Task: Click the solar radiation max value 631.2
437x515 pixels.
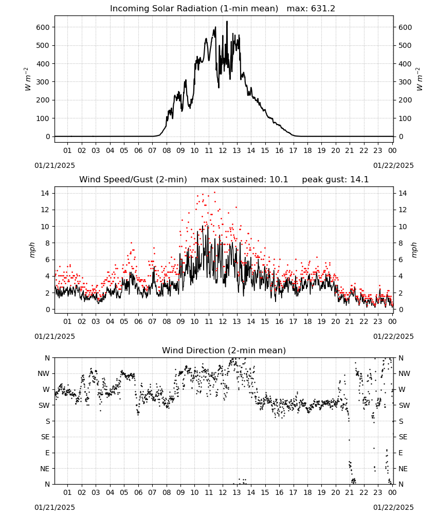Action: pyautogui.click(x=323, y=9)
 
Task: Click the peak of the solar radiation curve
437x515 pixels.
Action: pyautogui.click(x=227, y=22)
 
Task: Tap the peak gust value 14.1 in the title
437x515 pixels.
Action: pyautogui.click(x=359, y=180)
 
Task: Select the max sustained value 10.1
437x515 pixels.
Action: pyautogui.click(x=279, y=180)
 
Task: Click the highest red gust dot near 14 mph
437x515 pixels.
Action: pyautogui.click(x=215, y=193)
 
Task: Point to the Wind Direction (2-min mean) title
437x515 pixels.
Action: pyautogui.click(x=224, y=350)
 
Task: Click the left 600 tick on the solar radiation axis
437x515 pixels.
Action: pyautogui.click(x=43, y=27)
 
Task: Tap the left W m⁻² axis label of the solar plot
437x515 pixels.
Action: pyautogui.click(x=28, y=79)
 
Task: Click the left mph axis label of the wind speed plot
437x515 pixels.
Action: pyautogui.click(x=32, y=250)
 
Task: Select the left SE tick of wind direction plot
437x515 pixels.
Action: pyautogui.click(x=45, y=437)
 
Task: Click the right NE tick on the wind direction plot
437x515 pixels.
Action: pyautogui.click(x=403, y=469)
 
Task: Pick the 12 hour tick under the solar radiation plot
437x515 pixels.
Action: pyautogui.click(x=223, y=150)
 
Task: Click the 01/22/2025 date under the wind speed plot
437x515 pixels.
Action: pyautogui.click(x=393, y=336)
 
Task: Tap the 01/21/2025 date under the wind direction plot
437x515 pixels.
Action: pyautogui.click(x=54, y=507)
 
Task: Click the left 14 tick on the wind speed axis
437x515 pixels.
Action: pyautogui.click(x=45, y=193)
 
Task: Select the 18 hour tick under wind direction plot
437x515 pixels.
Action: pyautogui.click(x=307, y=492)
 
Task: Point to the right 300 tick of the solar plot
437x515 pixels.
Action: pyautogui.click(x=405, y=82)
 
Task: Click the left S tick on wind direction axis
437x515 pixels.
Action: pyautogui.click(x=47, y=421)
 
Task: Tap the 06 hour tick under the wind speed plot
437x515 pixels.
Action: pyautogui.click(x=138, y=321)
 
